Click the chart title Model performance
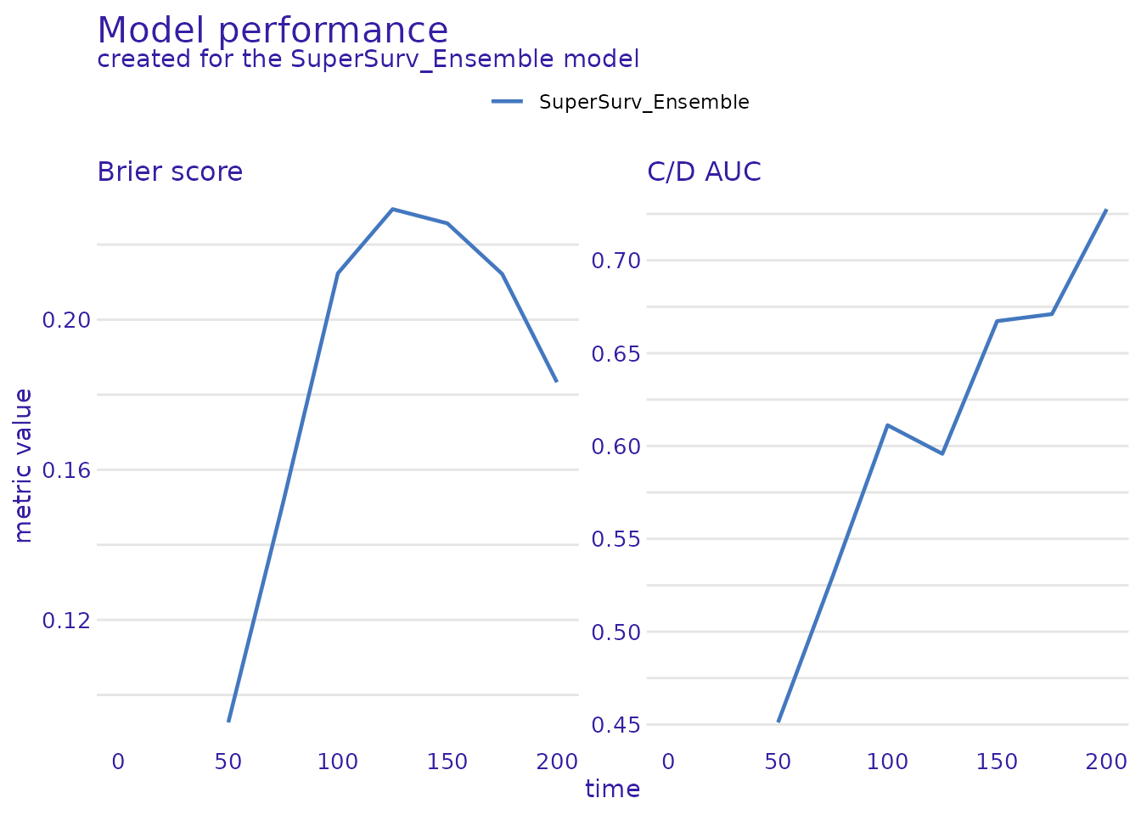pos(273,31)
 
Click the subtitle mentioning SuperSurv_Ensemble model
pos(368,59)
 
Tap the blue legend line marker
pos(507,102)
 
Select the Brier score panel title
pos(170,171)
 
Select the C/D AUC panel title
pos(704,171)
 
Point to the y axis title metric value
pos(24,465)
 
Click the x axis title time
pos(612,790)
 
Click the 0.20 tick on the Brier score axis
pos(66,320)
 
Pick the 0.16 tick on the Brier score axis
pos(66,470)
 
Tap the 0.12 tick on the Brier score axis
pos(66,621)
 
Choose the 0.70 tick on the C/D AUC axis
pos(615,261)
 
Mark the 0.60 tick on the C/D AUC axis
pos(615,447)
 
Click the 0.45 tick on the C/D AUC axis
pos(615,725)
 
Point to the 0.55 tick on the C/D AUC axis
pos(615,539)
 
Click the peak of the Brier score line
pos(392,209)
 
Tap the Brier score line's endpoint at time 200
pos(557,382)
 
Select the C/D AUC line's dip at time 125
pos(942,453)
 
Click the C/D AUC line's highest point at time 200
pos(1106,210)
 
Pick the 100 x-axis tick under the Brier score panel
pos(338,762)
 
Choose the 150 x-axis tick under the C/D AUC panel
pos(997,762)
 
